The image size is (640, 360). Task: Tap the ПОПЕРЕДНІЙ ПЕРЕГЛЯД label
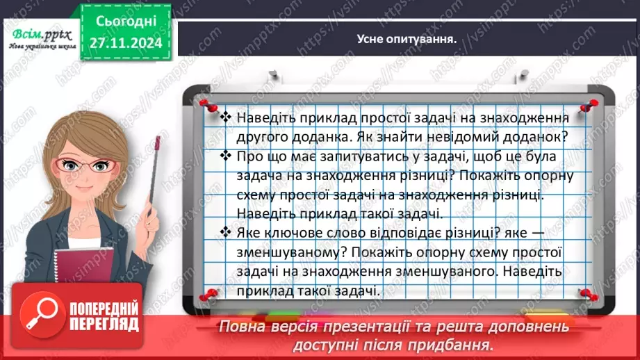(103, 316)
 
